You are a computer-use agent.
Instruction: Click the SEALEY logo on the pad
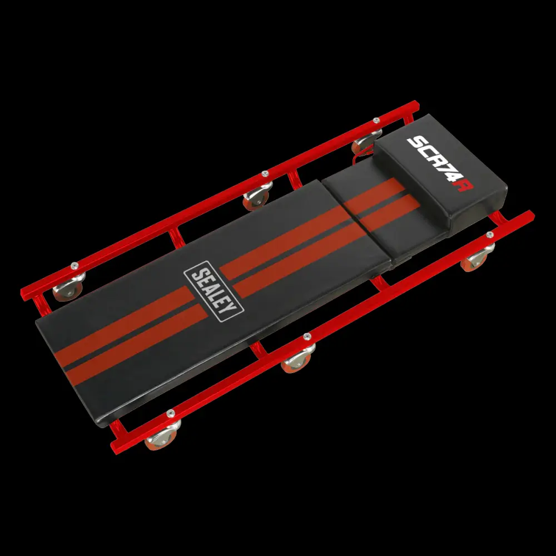pos(214,291)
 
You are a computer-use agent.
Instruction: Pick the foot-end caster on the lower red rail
pos(162,435)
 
